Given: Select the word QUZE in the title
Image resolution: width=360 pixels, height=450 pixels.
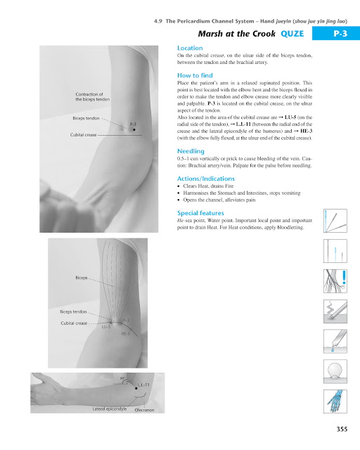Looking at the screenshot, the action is pyautogui.click(x=292, y=34).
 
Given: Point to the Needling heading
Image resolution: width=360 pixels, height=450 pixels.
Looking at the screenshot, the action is pyautogui.click(x=191, y=150).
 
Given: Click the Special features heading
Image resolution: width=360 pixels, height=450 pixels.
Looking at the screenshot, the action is pyautogui.click(x=201, y=212).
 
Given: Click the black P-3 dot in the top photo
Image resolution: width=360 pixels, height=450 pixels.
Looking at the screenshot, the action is pyautogui.click(x=133, y=129).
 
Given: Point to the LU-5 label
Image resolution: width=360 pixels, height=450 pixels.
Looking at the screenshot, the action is pyautogui.click(x=106, y=327).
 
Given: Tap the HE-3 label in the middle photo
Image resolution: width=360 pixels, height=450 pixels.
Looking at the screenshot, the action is pyautogui.click(x=125, y=333).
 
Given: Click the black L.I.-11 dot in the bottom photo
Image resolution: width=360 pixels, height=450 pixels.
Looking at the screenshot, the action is pyautogui.click(x=135, y=386).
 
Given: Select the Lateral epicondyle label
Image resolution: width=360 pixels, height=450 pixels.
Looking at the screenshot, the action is pyautogui.click(x=108, y=409).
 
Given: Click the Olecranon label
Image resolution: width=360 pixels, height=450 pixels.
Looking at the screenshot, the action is pyautogui.click(x=144, y=409).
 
